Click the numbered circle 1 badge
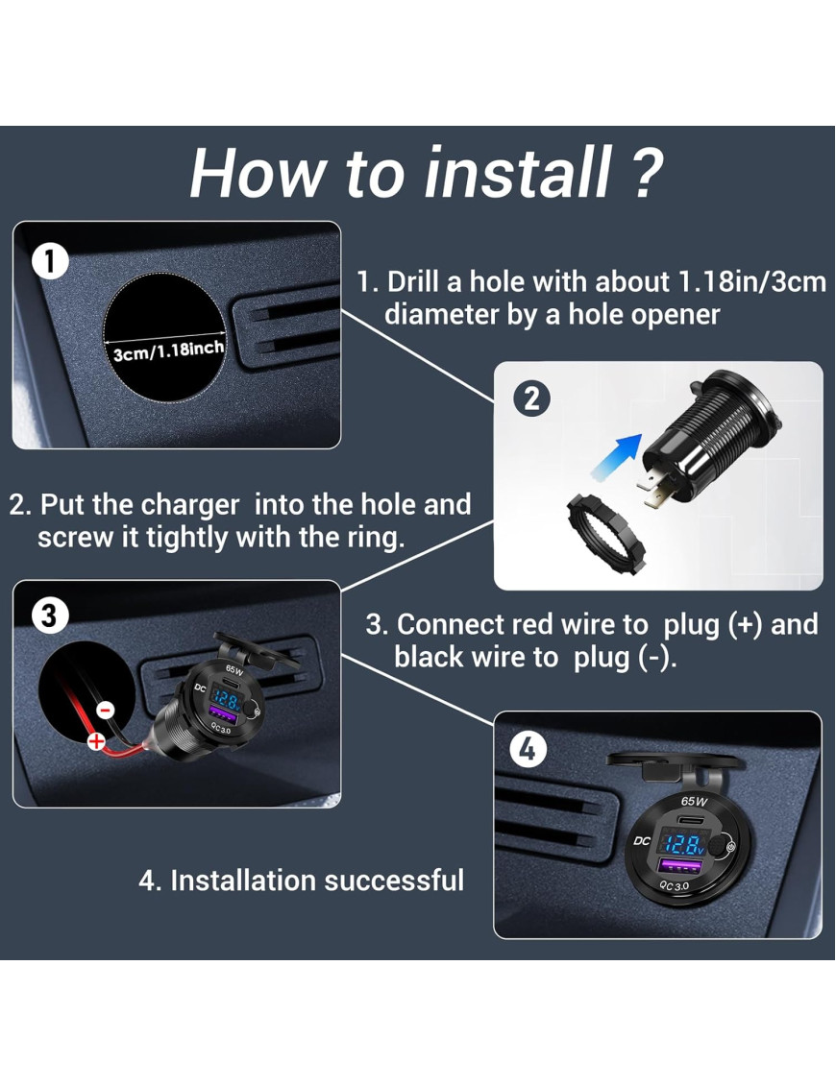49,261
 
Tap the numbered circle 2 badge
531,399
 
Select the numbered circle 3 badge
49,615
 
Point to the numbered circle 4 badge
529,749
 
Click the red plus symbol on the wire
96,742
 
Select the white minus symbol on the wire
106,711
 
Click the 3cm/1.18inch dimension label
168,351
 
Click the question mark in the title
647,173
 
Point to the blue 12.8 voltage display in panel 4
682,844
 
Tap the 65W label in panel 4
694,802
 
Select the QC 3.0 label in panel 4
674,886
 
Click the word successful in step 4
394,881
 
